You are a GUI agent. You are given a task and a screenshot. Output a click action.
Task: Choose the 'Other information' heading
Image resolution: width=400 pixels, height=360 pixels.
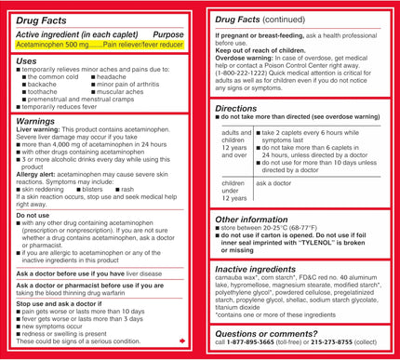pyautogui.click(x=251, y=220)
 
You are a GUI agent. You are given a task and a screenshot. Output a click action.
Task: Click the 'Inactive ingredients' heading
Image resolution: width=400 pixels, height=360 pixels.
pyautogui.click(x=257, y=270)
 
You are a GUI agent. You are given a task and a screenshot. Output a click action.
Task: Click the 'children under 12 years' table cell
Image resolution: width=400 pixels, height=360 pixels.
pyautogui.click(x=233, y=190)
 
